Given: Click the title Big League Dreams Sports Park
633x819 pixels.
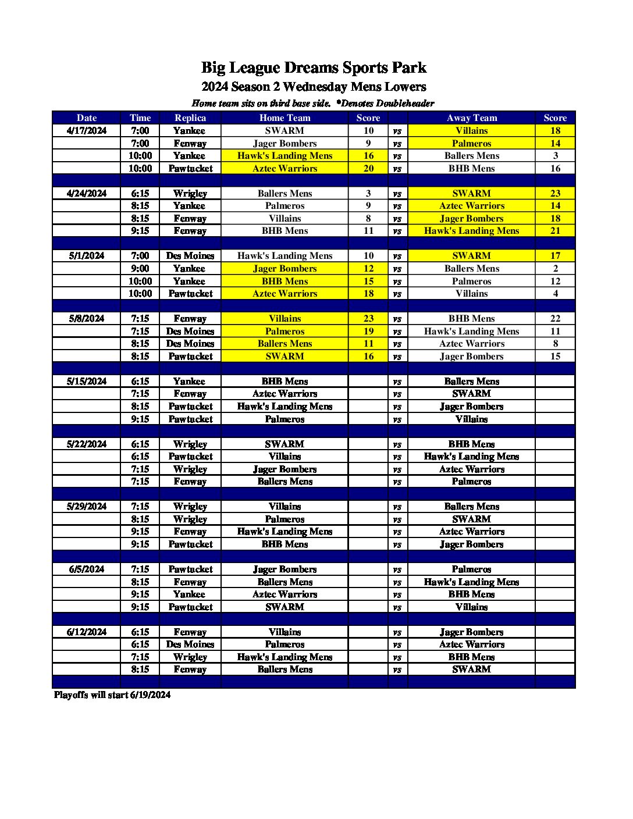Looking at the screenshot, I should coord(314,67).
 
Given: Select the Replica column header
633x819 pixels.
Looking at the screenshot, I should coord(190,117).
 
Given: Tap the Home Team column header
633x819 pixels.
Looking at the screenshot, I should coord(285,117).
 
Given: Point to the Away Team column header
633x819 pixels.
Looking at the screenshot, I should coord(471,117).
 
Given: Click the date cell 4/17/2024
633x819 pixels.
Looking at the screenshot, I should coord(87,131).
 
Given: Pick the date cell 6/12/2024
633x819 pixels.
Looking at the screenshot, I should coord(87,632).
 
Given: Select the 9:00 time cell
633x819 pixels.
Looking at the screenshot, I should coord(140,269).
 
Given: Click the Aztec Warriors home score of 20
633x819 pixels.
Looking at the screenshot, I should coord(368,169).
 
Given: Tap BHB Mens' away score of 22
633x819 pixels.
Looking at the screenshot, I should coord(555,319).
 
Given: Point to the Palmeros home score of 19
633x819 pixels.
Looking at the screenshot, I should coord(368,332).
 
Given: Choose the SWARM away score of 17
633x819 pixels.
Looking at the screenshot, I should coord(555,256).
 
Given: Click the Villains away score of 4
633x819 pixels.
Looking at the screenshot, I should coord(555,294).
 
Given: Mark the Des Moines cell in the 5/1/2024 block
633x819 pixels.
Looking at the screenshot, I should coord(190,256).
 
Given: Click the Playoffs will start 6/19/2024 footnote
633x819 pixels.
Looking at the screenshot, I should coord(112,695).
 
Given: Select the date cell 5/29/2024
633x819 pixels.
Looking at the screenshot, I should coord(87,507).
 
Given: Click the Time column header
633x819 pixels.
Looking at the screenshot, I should coord(140,117).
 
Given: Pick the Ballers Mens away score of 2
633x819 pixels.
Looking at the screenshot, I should coord(555,269).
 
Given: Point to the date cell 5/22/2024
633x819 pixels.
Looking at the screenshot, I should coord(87,444).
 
